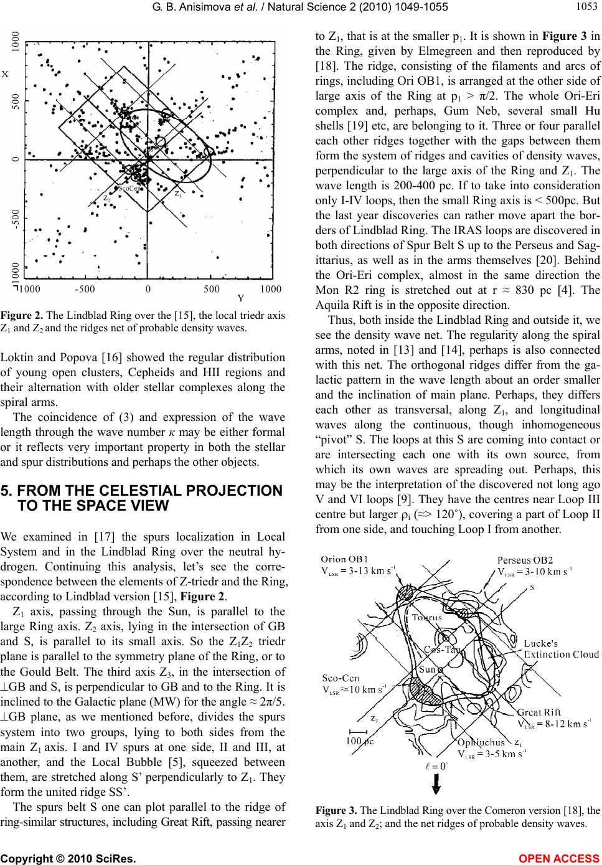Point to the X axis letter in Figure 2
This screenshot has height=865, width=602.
5,73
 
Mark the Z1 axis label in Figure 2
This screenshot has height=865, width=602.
179,194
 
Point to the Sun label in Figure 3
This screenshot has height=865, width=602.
427,669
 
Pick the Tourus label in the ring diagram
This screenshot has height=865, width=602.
428,618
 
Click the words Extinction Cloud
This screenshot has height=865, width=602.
561,654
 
